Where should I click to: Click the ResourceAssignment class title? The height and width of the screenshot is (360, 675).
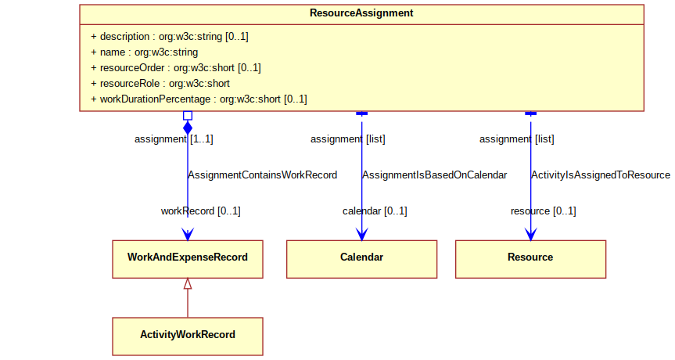tap(361, 13)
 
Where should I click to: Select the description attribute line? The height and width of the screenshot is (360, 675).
tap(170, 37)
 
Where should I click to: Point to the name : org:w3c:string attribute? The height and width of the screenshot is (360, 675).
tap(145, 52)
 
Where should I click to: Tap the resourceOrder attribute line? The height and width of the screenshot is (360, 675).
tap(176, 68)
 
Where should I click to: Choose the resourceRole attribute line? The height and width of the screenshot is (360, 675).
tap(160, 84)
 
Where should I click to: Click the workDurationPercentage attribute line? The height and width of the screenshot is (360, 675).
tap(199, 99)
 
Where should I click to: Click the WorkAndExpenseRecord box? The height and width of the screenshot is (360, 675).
tap(188, 259)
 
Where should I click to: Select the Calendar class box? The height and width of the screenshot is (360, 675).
tap(361, 259)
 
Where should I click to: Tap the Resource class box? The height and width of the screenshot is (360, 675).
tap(530, 259)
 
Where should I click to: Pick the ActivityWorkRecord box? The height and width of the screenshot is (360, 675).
tap(188, 337)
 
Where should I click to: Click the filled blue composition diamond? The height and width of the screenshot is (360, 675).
tap(188, 128)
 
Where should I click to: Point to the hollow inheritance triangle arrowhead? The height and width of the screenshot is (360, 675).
tap(188, 284)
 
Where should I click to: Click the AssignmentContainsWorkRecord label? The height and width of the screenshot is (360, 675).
tap(263, 175)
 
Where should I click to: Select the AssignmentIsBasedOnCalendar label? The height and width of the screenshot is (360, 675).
tap(434, 175)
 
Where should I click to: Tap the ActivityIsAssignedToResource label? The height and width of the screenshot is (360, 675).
tap(601, 175)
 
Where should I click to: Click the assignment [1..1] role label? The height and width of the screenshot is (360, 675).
tap(174, 139)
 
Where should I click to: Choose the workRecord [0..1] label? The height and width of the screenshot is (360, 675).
tap(200, 211)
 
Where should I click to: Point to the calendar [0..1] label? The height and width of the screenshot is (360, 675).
tap(375, 211)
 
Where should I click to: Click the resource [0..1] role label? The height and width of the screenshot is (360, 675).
tap(544, 211)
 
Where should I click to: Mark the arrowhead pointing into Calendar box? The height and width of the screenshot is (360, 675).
tap(361, 234)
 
